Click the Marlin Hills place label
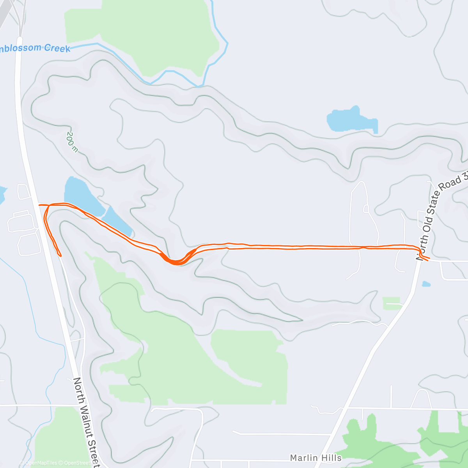click(316, 457)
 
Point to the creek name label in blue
click(35, 48)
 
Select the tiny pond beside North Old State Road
click(426, 284)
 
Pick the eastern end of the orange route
click(429, 259)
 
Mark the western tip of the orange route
click(39, 204)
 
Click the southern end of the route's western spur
click(60, 255)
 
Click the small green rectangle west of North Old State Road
click(391, 303)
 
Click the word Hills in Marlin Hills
click(331, 457)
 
